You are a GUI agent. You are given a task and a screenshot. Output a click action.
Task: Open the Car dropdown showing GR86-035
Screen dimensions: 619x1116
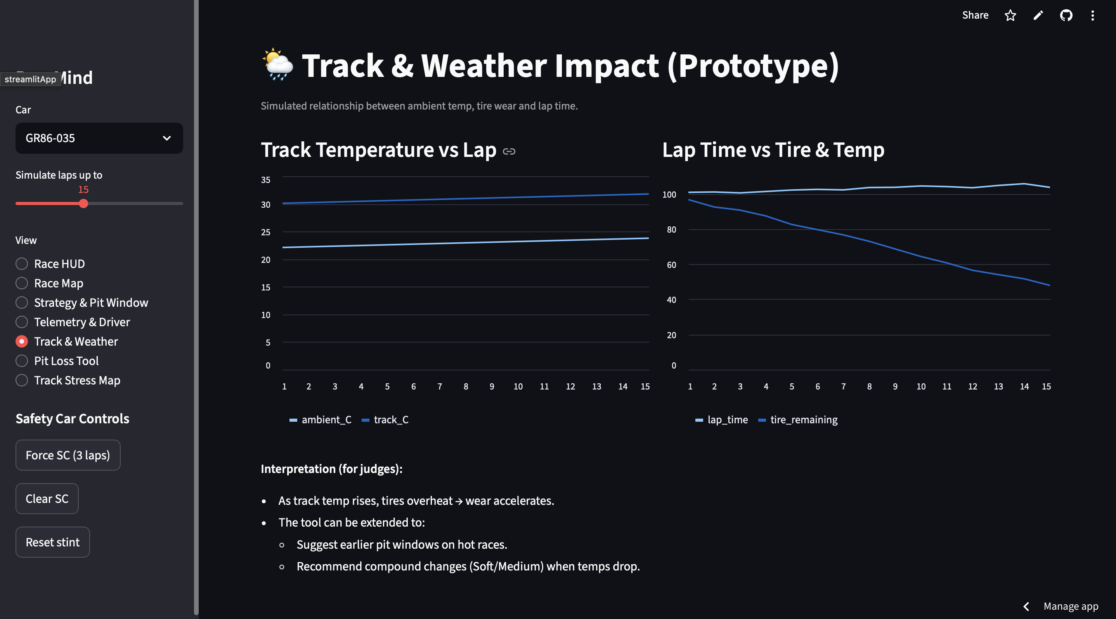[99, 138]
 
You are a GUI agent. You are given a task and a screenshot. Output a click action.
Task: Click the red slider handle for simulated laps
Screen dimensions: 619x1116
[83, 203]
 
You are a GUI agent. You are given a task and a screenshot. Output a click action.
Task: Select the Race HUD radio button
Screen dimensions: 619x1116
[22, 264]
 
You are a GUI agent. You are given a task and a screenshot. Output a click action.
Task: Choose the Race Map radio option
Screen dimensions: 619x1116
[22, 283]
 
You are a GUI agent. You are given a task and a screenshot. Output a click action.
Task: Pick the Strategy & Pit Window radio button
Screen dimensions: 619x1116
[22, 303]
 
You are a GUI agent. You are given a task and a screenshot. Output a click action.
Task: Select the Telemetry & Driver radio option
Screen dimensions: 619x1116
[22, 322]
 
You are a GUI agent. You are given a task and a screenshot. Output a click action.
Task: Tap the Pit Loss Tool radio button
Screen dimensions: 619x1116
[22, 361]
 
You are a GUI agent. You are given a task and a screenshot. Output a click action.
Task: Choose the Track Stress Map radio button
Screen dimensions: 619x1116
[22, 380]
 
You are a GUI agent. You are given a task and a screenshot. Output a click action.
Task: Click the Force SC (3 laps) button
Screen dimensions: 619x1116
[68, 455]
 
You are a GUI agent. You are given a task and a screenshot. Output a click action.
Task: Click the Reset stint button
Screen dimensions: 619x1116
[52, 542]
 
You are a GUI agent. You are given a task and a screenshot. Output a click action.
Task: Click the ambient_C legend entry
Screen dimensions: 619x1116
[321, 420]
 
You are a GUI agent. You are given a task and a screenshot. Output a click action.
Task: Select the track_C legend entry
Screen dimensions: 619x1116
[386, 420]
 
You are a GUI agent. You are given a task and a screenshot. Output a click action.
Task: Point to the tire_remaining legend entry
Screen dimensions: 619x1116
[799, 420]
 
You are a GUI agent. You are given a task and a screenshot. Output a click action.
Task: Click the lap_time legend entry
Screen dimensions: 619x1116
[722, 420]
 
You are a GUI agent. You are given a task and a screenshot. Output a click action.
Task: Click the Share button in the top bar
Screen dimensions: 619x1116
[975, 15]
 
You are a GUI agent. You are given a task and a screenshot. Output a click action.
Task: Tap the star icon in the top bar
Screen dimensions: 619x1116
[1010, 16]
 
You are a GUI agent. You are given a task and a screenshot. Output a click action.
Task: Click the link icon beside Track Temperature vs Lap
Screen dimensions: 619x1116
[509, 151]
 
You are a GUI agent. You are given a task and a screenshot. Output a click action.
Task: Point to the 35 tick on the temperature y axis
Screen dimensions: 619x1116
[265, 179]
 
